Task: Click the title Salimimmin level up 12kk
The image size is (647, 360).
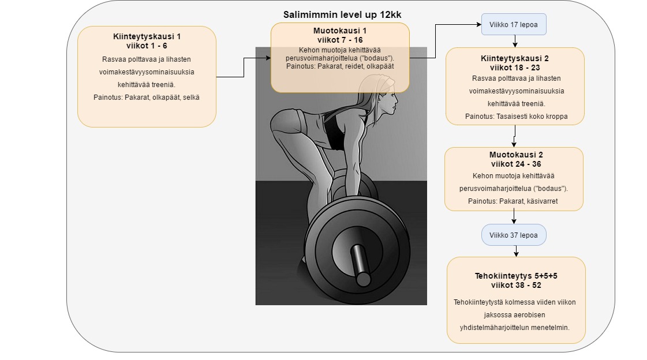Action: point(342,15)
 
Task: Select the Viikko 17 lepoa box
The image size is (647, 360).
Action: point(514,24)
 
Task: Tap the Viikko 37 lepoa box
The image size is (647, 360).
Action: point(514,235)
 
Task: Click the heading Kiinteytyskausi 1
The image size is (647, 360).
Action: point(147,36)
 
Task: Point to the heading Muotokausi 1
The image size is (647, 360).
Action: point(340,31)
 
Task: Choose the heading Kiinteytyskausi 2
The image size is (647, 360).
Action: point(515,58)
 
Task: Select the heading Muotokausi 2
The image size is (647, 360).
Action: point(516,155)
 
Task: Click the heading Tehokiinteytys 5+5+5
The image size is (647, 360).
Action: point(516,276)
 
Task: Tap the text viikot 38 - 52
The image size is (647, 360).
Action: point(516,286)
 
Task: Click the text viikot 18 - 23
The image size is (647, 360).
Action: point(515,67)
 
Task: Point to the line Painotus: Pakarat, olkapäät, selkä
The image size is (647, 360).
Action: point(147,97)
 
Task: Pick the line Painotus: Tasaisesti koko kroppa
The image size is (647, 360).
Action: point(516,117)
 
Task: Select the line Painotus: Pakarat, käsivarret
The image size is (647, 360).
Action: point(513,201)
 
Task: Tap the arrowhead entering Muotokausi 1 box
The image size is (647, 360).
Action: point(268,58)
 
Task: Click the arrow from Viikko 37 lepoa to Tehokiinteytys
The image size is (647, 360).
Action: point(516,251)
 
